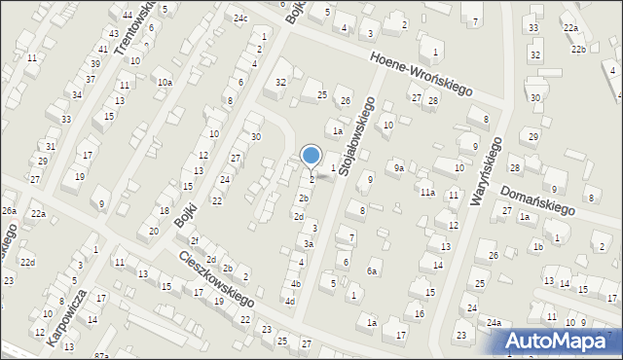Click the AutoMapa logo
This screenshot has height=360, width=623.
pyautogui.click(x=560, y=341)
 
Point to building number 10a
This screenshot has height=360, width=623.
pyautogui.click(x=165, y=83)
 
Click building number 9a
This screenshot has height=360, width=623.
pyautogui.click(x=398, y=168)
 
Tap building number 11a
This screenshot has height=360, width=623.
pyautogui.click(x=427, y=193)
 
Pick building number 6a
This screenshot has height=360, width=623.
pyautogui.click(x=371, y=270)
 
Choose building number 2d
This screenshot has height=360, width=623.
pyautogui.click(x=299, y=216)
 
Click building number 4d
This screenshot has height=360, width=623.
pyautogui.click(x=289, y=301)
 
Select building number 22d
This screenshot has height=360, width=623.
pyautogui.click(x=28, y=262)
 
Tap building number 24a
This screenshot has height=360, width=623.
pyautogui.click(x=495, y=322)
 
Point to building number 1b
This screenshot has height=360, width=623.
pyautogui.click(x=536, y=246)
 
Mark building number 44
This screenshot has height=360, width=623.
pyautogui.click(x=128, y=16)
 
